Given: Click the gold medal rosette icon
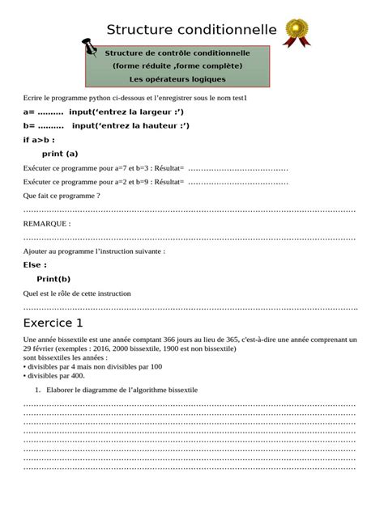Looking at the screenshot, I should point(297,32).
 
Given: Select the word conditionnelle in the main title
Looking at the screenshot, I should point(229,31).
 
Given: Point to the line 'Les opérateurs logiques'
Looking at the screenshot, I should point(177,79).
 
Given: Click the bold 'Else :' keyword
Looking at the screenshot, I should point(35,265).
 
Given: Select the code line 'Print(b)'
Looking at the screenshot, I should point(53,279).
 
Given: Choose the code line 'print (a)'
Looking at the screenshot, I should point(60,154).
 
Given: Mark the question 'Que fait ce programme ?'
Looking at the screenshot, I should point(62,196).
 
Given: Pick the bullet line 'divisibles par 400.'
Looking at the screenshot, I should point(56,375).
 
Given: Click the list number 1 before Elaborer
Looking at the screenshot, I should point(39,390).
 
